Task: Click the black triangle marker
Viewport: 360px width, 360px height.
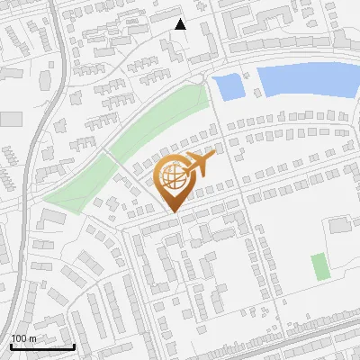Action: click(180, 24)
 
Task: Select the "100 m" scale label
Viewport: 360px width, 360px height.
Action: click(23, 338)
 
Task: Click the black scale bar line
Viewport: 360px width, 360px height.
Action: click(41, 346)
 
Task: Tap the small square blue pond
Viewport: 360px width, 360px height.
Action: click(228, 87)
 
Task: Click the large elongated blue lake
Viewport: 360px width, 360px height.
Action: click(306, 81)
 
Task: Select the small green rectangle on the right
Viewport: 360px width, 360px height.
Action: click(319, 266)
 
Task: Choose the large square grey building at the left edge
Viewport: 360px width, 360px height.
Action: click(10, 119)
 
